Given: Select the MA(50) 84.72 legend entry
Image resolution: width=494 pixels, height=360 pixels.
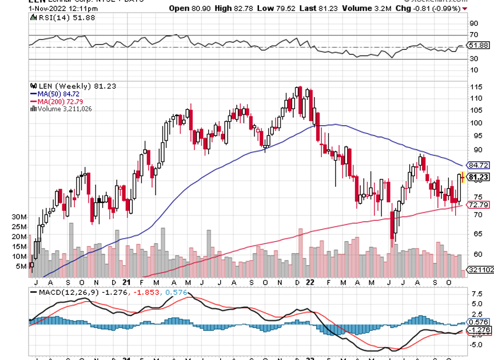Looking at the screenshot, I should (x=50, y=94).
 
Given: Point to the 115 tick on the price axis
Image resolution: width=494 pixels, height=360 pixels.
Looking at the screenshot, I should (x=473, y=87).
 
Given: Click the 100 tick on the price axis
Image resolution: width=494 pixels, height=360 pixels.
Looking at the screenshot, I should (x=473, y=123).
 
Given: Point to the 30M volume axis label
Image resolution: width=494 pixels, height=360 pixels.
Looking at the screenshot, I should (x=20, y=218).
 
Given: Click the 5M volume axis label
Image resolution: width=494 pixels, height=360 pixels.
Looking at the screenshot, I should (x=22, y=266).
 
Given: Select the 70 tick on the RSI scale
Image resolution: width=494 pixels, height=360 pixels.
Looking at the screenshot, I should (x=473, y=35).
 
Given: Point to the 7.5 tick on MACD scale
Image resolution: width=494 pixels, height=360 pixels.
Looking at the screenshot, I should (x=475, y=294).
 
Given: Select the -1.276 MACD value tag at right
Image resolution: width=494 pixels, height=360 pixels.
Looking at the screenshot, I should (x=479, y=330).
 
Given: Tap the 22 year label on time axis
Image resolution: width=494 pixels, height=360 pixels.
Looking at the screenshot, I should (x=309, y=282).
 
